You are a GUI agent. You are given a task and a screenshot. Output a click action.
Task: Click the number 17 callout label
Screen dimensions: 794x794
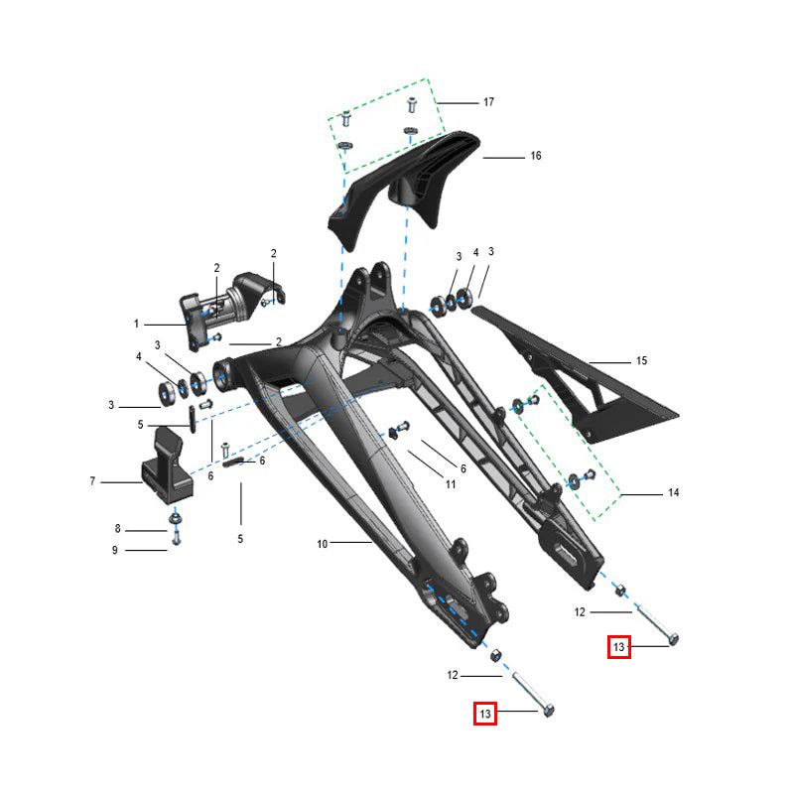pyautogui.click(x=488, y=102)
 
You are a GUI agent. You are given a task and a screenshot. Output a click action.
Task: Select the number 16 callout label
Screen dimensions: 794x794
pyautogui.click(x=536, y=156)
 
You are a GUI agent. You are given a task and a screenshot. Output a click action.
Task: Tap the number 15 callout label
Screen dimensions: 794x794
pyautogui.click(x=641, y=361)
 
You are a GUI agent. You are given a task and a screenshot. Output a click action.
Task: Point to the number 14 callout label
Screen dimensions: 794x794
pyautogui.click(x=674, y=492)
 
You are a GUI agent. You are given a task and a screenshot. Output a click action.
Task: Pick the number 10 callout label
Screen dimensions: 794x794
pyautogui.click(x=323, y=544)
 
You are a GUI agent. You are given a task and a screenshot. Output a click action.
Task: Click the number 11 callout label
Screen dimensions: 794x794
pyautogui.click(x=451, y=484)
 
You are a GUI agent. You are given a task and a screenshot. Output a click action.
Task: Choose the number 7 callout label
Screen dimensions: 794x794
pyautogui.click(x=92, y=481)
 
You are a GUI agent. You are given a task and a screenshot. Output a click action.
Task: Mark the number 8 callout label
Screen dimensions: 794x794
pyautogui.click(x=117, y=529)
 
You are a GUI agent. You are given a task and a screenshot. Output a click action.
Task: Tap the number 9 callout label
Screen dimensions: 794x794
pyautogui.click(x=115, y=551)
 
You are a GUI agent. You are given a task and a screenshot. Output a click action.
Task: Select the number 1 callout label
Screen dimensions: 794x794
pyautogui.click(x=136, y=324)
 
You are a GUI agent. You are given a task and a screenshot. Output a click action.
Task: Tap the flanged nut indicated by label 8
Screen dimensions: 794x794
pyautogui.click(x=176, y=518)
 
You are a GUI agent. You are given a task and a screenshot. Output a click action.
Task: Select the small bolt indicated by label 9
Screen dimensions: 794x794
pyautogui.click(x=177, y=538)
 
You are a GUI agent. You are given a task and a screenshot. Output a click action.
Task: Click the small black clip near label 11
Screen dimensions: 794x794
pyautogui.click(x=393, y=433)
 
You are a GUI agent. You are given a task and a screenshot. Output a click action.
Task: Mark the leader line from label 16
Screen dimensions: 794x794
pyautogui.click(x=504, y=158)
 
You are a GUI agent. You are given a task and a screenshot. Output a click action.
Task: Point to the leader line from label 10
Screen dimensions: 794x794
pyautogui.click(x=351, y=542)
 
